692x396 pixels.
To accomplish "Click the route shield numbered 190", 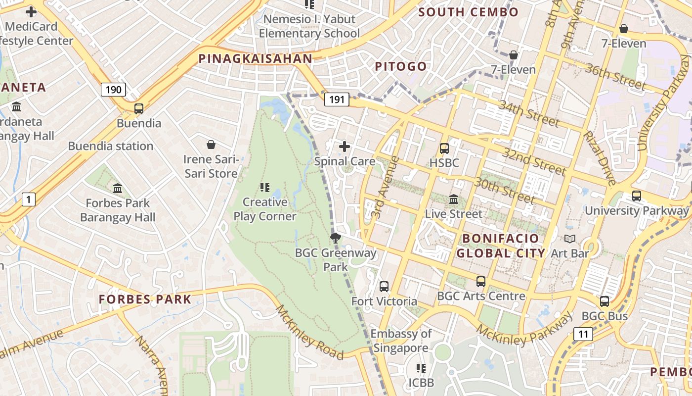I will (113, 90).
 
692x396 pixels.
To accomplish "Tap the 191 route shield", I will (337, 99).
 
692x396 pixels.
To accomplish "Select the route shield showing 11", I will (583, 334).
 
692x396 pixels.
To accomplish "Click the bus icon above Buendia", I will (139, 109).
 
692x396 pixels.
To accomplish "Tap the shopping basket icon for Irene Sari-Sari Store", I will (211, 145).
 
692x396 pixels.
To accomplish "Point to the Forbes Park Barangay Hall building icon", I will (118, 188).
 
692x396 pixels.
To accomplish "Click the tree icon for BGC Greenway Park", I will (336, 238).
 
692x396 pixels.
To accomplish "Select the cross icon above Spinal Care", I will (345, 147).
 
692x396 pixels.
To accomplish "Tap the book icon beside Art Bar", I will (570, 239).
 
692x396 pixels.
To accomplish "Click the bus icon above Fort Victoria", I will (384, 287).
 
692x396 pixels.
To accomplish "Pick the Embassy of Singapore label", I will (401, 341).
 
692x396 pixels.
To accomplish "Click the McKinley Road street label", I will (309, 332).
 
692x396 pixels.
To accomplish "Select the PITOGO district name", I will (400, 66).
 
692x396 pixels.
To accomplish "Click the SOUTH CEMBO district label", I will (468, 12).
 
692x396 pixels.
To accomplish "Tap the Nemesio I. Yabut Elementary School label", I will (309, 26).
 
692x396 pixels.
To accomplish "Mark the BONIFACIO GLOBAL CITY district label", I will (500, 246).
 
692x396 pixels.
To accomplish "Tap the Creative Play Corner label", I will (265, 209).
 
